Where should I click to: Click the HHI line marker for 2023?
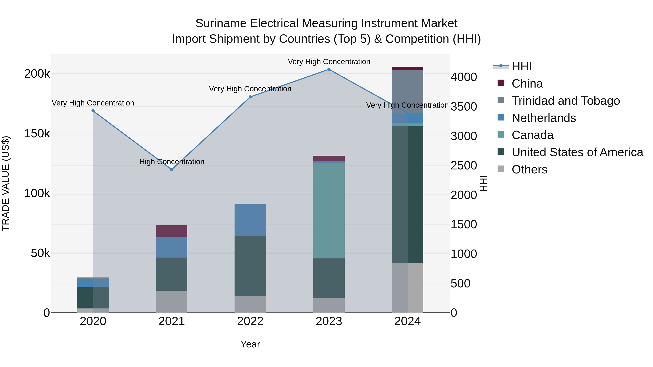point(329,69)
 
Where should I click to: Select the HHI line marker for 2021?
point(172,169)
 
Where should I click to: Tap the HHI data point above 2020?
point(93,111)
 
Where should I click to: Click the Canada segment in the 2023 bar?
point(329,210)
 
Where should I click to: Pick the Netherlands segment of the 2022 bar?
point(250,220)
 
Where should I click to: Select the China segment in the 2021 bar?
point(172,231)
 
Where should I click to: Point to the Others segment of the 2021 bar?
point(172,301)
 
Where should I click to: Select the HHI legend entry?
point(522,66)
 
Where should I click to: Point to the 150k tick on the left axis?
point(37,134)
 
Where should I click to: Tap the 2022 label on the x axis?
point(250,321)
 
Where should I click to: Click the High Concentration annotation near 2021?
point(172,162)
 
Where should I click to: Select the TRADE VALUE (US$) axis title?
point(6,183)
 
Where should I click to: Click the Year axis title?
point(250,344)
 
